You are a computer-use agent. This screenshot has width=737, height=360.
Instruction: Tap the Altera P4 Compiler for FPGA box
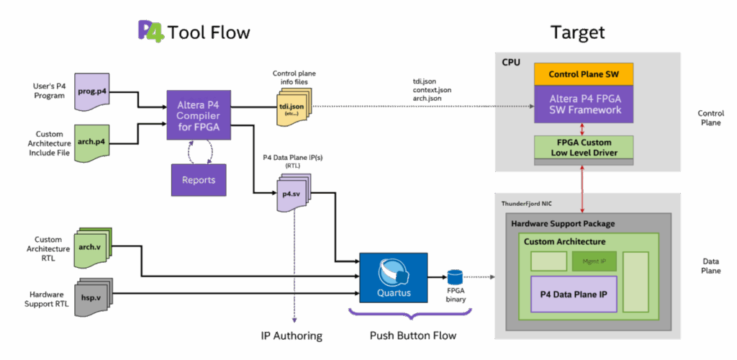[x=198, y=116]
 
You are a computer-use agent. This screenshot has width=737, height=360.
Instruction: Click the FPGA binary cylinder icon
[x=455, y=276]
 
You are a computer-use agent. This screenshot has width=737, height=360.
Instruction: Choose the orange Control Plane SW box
[x=583, y=74]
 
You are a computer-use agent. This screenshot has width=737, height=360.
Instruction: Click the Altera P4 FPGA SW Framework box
[x=583, y=104]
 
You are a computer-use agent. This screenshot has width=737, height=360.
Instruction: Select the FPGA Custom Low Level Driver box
[x=583, y=148]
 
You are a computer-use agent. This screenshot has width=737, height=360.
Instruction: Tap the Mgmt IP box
[x=594, y=261]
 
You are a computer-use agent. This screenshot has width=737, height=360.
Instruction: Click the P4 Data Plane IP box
[x=574, y=294]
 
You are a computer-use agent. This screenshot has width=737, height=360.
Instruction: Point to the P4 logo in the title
[x=150, y=31]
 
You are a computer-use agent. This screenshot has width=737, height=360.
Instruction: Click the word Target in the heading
[x=577, y=32]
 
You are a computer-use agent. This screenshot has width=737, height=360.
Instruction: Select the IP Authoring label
[x=291, y=336]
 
